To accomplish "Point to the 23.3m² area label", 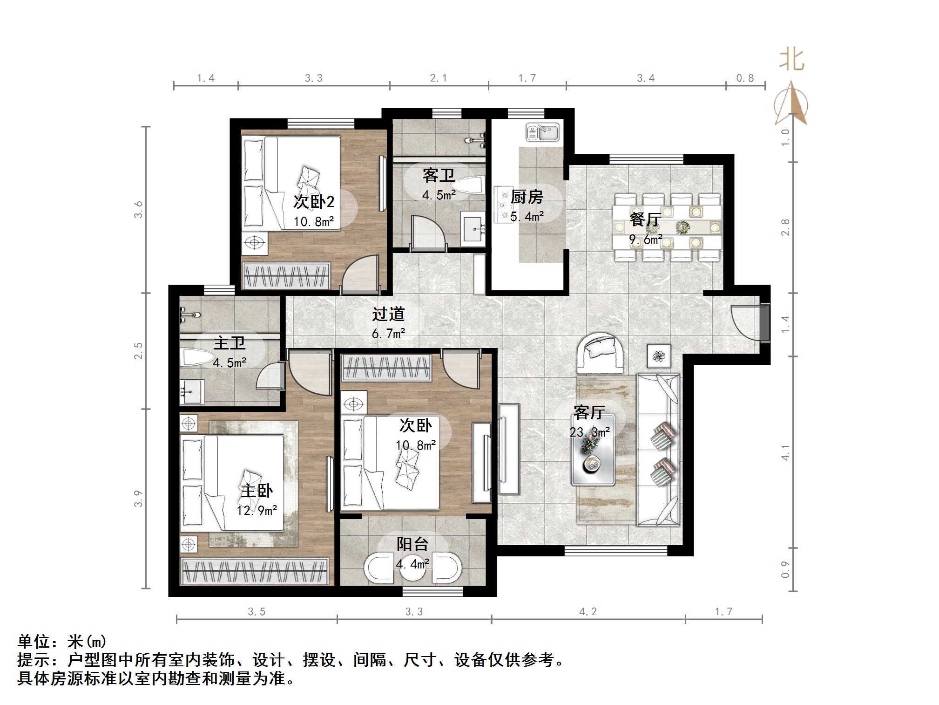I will tap(589, 432).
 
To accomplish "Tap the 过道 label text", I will tap(388, 314).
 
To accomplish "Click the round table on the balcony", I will tap(412, 567).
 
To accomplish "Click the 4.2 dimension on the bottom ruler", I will tap(588, 611).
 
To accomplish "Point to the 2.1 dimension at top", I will tap(438, 78).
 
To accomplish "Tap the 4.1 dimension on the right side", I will tap(785, 452).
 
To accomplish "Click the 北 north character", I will tap(791, 61).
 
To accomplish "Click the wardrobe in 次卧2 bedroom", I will tap(286, 275).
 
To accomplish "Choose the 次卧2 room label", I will tap(313, 202).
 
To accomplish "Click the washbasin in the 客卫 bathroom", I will tap(473, 228).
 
